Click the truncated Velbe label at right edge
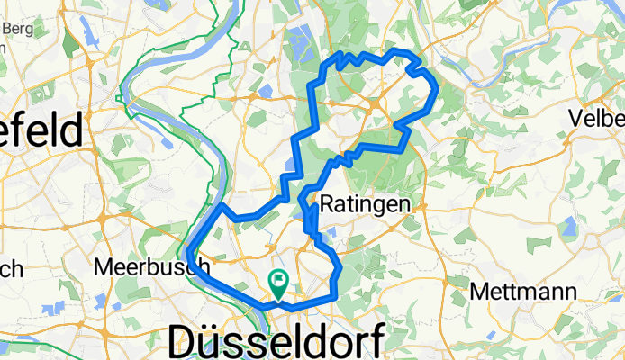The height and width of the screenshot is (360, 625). click(x=596, y=118)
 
